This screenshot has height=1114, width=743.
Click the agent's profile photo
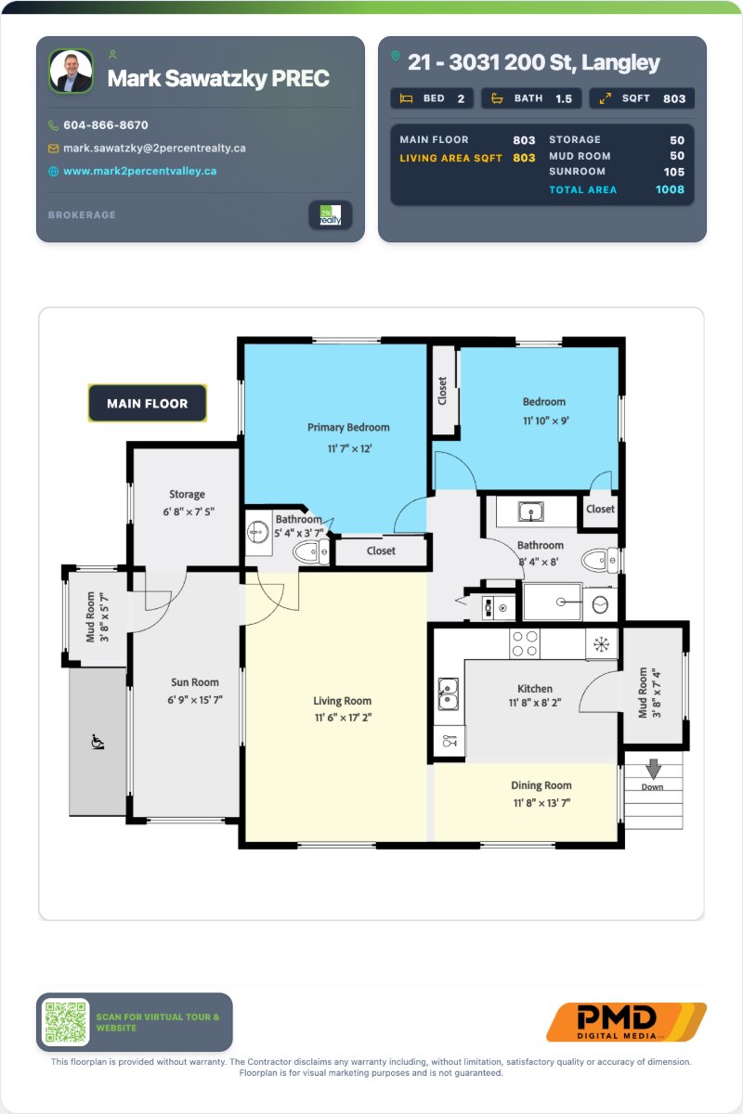[72, 71]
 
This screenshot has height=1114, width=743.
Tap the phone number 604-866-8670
[106, 125]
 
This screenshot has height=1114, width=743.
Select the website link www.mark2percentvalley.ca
[140, 171]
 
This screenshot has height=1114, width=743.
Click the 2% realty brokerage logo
[331, 214]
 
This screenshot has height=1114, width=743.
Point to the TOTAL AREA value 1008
[670, 189]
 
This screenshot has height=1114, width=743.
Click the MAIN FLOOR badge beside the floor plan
[148, 403]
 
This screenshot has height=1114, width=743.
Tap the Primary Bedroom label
[348, 427]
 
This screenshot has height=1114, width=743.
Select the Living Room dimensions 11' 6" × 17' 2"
[343, 718]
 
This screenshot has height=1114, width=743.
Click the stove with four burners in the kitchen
[525, 643]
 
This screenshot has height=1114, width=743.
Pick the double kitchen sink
[448, 693]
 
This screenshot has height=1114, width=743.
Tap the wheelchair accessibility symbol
[98, 742]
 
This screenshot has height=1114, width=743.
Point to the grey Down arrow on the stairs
[654, 769]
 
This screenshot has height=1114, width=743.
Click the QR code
[65, 1022]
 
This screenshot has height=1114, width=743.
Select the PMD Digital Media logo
[626, 1021]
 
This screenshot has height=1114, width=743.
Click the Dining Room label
[541, 785]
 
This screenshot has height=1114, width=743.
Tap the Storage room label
[187, 494]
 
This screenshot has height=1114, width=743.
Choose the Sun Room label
[195, 682]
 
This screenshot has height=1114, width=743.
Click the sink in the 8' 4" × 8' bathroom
[531, 512]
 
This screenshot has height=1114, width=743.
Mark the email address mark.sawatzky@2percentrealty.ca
[154, 149]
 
